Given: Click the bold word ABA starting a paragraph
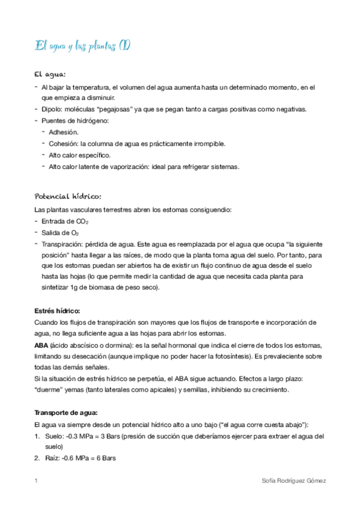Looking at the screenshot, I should point(42,345).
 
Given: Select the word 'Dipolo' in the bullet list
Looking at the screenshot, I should point(52,109).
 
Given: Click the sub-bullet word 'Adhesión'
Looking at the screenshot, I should point(63,132).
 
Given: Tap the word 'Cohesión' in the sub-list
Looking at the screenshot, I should point(63,144).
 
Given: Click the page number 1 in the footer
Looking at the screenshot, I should point(37,481).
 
